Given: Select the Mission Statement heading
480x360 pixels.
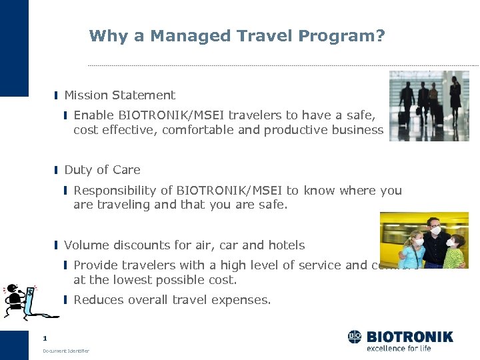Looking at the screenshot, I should pyautogui.click(x=119, y=95).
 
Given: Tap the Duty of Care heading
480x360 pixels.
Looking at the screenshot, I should pyautogui.click(x=102, y=170).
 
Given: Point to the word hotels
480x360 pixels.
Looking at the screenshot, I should pyautogui.click(x=287, y=245).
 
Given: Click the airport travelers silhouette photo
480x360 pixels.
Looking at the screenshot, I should pyautogui.click(x=429, y=105).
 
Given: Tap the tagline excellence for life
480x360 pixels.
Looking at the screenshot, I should pyautogui.click(x=399, y=348).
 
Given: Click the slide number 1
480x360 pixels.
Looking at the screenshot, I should pyautogui.click(x=45, y=338).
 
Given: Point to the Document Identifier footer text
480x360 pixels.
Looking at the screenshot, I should pyautogui.click(x=65, y=351).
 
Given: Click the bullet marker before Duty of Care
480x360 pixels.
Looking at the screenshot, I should pyautogui.click(x=57, y=171).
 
